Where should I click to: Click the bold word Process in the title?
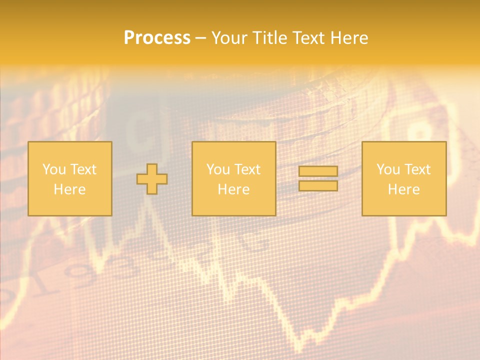pyautogui.click(x=157, y=38)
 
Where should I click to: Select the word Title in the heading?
pyautogui.click(x=272, y=38)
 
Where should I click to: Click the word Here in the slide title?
pyautogui.click(x=349, y=38)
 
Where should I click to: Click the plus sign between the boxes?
pyautogui.click(x=152, y=179)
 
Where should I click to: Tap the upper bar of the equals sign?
pyautogui.click(x=318, y=171)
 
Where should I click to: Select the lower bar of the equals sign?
pyautogui.click(x=318, y=185)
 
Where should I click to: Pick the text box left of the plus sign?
pyautogui.click(x=69, y=178)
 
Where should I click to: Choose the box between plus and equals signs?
pyautogui.click(x=233, y=178)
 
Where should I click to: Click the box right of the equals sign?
pyautogui.click(x=404, y=178)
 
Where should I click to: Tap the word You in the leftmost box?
pyautogui.click(x=53, y=169)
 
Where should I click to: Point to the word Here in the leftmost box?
pyautogui.click(x=69, y=189)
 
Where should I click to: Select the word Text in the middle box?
pyautogui.click(x=247, y=169)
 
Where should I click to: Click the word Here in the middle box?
pyautogui.click(x=233, y=189)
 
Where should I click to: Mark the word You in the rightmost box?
pyautogui.click(x=387, y=169)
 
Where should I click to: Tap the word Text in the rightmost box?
pyautogui.click(x=417, y=169)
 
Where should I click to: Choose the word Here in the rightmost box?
pyautogui.click(x=404, y=189)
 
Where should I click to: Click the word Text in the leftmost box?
pyautogui.click(x=83, y=169)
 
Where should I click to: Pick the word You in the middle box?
pyautogui.click(x=217, y=169)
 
